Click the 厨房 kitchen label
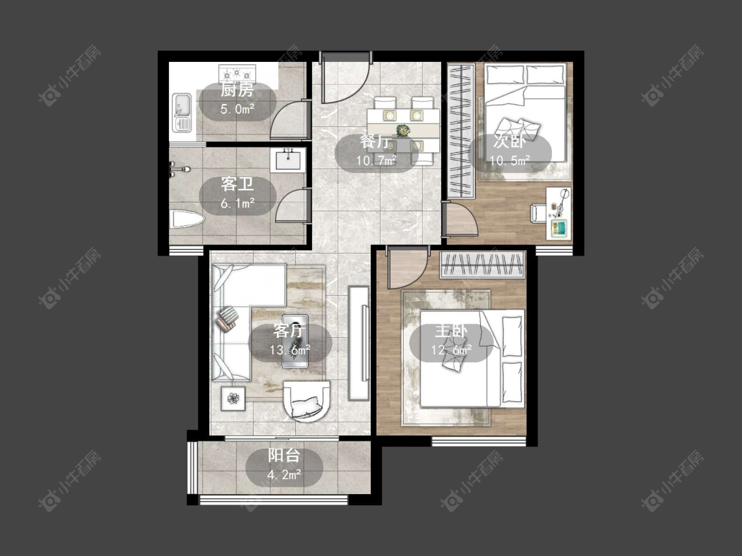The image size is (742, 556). point(237,90)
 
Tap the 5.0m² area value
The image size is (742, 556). point(237,109)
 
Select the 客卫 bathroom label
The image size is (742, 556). point(237,184)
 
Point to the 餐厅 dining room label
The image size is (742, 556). point(376,142)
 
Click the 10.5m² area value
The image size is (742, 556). point(510,161)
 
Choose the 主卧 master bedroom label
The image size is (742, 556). point(451,331)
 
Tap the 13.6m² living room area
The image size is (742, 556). point(290,350)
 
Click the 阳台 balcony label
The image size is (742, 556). point(284,455)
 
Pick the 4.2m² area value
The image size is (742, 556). point(284,475)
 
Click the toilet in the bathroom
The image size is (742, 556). point(187,219)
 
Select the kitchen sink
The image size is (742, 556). point(181,112)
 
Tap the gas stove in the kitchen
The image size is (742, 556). point(237,74)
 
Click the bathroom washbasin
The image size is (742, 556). point(288,160)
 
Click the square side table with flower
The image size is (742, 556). point(233,399)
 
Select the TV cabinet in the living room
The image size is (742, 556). point(359,343)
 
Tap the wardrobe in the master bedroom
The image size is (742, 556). point(483,265)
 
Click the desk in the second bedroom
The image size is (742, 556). point(559,213)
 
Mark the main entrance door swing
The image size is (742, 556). point(345,78)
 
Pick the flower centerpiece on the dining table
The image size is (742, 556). point(403,128)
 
